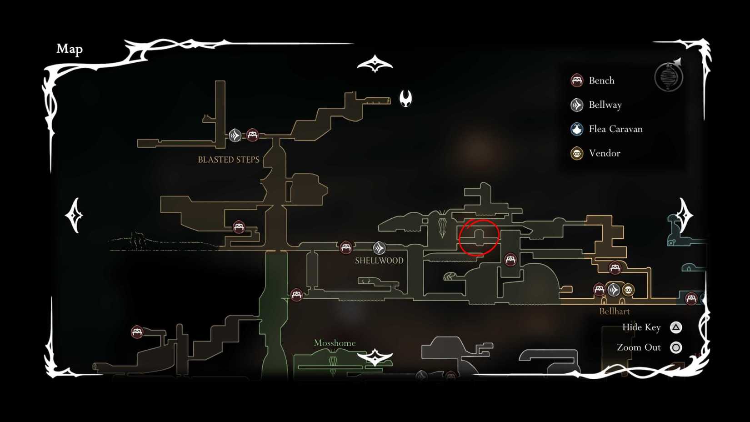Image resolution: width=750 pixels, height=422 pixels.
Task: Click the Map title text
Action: click(70, 49)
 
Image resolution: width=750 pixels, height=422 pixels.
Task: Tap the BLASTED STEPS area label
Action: click(229, 160)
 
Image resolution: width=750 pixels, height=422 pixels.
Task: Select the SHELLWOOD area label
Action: click(379, 261)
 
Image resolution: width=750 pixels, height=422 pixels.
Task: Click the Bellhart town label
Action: click(614, 311)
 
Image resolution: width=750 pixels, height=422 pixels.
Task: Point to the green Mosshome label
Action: click(335, 343)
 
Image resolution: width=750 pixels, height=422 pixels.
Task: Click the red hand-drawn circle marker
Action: click(479, 237)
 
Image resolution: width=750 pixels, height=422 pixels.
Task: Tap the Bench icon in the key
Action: click(577, 80)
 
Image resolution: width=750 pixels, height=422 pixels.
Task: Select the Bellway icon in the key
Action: click(577, 105)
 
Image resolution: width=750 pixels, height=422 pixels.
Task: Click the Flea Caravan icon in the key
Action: click(577, 129)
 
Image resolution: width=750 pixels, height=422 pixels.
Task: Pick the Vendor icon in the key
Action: click(577, 153)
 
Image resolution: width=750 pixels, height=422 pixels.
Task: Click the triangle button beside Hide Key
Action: click(676, 327)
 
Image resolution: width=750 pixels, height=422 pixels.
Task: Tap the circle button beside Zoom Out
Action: click(676, 348)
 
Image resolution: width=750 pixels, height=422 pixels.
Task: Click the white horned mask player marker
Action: click(405, 98)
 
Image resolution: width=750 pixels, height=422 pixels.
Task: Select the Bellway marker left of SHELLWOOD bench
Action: click(379, 248)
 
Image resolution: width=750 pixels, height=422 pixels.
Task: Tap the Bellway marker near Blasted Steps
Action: click(235, 135)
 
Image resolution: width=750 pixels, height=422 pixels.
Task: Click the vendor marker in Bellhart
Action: click(628, 290)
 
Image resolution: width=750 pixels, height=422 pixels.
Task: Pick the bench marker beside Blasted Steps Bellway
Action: click(252, 135)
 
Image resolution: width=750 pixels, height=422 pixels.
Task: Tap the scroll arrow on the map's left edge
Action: click(75, 215)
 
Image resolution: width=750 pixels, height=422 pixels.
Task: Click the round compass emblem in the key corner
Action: click(669, 77)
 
